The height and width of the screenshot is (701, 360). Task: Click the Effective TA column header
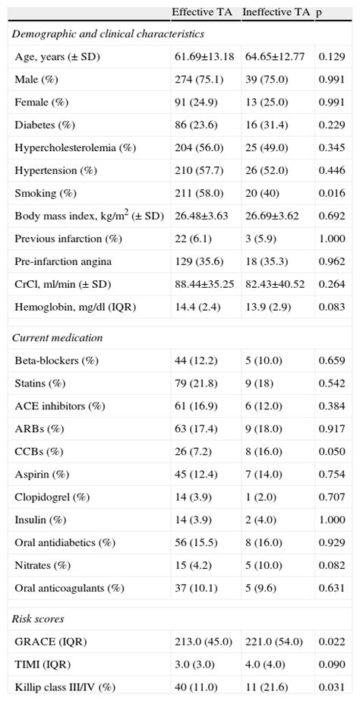(x=203, y=12)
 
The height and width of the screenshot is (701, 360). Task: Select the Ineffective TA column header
(x=274, y=12)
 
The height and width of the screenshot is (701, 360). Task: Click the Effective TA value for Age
(x=204, y=57)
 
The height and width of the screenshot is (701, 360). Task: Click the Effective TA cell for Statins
(x=193, y=385)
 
